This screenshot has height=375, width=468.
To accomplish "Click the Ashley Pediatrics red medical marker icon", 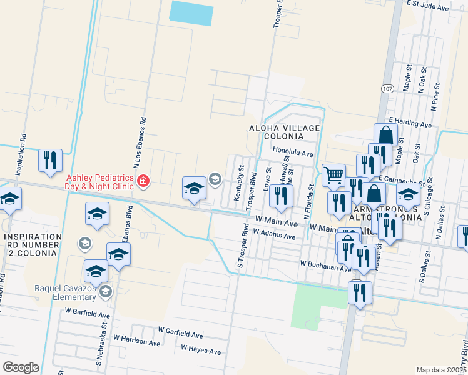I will (143, 181).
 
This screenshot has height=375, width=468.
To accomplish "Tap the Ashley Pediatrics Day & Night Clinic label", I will (100, 181).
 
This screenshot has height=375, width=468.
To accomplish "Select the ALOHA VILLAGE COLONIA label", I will (285, 132).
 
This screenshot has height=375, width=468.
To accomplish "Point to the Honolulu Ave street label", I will (293, 152).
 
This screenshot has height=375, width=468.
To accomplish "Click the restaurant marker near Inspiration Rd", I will (50, 160).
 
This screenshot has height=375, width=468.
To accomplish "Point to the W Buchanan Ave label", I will (325, 267).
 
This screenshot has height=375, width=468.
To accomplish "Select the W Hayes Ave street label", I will (201, 351).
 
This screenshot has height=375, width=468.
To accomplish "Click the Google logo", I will (21, 367).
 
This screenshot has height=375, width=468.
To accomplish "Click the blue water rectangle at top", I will (191, 12).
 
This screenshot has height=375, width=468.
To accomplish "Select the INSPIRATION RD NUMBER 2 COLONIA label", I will (31, 244).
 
